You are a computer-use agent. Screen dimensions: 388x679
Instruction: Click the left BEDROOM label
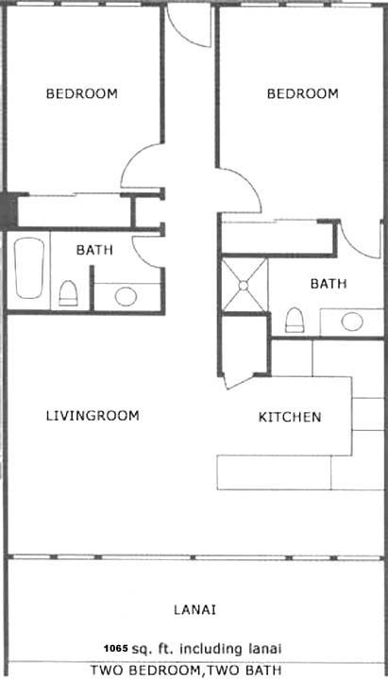pos(81,93)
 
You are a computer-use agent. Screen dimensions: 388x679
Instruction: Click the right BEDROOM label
pos(303,93)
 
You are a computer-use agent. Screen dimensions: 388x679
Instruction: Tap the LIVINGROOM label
pos(93,416)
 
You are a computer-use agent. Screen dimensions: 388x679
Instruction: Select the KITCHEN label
pos(290,417)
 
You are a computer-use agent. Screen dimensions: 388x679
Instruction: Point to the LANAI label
pos(195,610)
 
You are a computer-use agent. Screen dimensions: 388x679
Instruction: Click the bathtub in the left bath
pos(29,268)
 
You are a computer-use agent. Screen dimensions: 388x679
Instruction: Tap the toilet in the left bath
pos(68,293)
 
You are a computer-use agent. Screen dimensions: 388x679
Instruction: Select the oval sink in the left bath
pos(127,297)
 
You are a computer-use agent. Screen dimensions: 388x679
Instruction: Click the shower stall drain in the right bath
pos(244,286)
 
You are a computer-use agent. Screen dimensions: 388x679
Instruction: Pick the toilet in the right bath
pos(295,320)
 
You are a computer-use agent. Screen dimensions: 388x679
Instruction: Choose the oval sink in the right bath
pos(352,322)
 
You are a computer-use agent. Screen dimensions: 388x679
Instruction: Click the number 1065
pos(116,648)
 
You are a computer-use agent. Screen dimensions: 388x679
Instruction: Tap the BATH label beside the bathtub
pos(94,250)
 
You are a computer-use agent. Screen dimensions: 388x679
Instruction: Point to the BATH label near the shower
pos(329,284)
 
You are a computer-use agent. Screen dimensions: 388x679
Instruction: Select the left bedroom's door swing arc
pos(130,157)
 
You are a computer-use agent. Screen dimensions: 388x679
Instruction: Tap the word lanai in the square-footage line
pos(265,649)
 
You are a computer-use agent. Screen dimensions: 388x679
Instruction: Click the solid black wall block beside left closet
pos(8,211)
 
